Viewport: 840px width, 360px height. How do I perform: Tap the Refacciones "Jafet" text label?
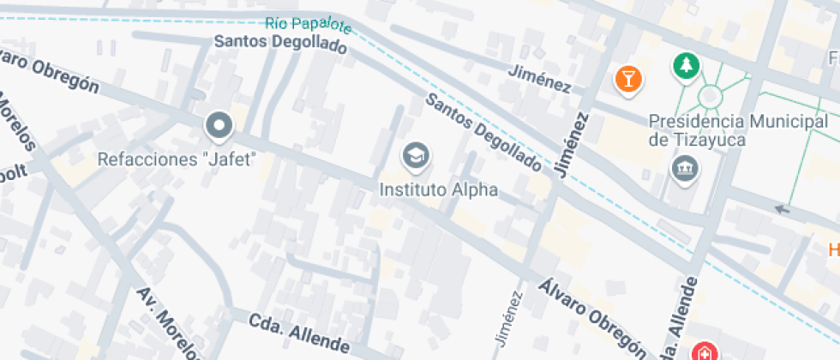pyautogui.click(x=177, y=159)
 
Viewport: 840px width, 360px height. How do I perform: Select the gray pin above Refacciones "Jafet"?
pyautogui.click(x=219, y=127)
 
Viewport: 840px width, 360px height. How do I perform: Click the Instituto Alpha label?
pyautogui.click(x=438, y=189)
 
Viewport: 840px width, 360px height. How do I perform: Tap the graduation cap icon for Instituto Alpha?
pyautogui.click(x=417, y=156)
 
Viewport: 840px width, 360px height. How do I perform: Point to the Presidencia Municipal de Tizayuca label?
pyautogui.click(x=739, y=130)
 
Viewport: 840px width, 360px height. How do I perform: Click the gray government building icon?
pyautogui.click(x=685, y=170)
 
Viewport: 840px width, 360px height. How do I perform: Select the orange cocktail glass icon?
pyautogui.click(x=629, y=80)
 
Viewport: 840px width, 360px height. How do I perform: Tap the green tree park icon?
pyautogui.click(x=685, y=65)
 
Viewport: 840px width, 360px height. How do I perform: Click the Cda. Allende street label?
pyautogui.click(x=299, y=333)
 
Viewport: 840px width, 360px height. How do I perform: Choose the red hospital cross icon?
pyautogui.click(x=704, y=351)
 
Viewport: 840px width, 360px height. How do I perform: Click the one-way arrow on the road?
pyautogui.click(x=781, y=208)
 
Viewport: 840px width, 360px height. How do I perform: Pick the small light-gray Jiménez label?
pyautogui.click(x=508, y=319)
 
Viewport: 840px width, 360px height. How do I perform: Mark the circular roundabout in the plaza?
pyautogui.click(x=711, y=96)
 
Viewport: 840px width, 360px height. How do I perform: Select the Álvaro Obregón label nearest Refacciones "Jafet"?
pyautogui.click(x=47, y=69)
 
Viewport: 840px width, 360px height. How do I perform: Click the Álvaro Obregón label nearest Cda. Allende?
pyautogui.click(x=592, y=315)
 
